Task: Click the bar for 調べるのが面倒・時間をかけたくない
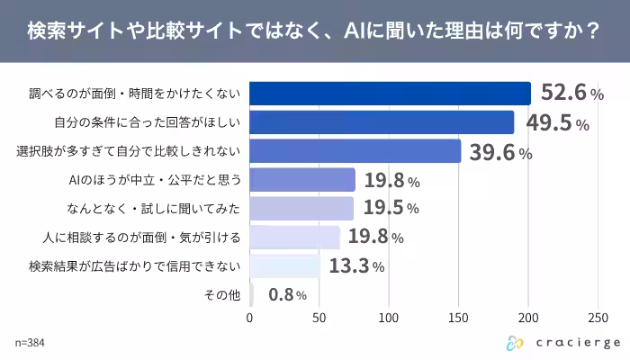pyautogui.click(x=390, y=94)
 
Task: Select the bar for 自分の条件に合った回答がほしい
pyautogui.click(x=382, y=122)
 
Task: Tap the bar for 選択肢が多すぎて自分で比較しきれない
pyautogui.click(x=355, y=151)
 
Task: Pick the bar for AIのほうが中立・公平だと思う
pyautogui.click(x=302, y=180)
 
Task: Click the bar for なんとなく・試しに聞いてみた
pyautogui.click(x=301, y=209)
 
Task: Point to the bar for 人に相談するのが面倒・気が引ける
pyautogui.click(x=294, y=238)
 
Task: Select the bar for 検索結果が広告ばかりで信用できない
pyautogui.click(x=284, y=266)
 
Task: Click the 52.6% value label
pyautogui.click(x=571, y=93)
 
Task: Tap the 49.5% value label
pyautogui.click(x=555, y=122)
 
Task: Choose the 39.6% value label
pyautogui.click(x=501, y=152)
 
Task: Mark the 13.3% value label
pyautogui.click(x=357, y=266)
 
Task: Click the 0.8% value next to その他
pyautogui.click(x=287, y=294)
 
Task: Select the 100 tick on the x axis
pyautogui.click(x=389, y=318)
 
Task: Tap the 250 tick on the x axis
pyautogui.click(x=598, y=318)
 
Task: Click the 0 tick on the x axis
pyautogui.click(x=249, y=318)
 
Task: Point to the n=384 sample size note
pyautogui.click(x=31, y=343)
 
